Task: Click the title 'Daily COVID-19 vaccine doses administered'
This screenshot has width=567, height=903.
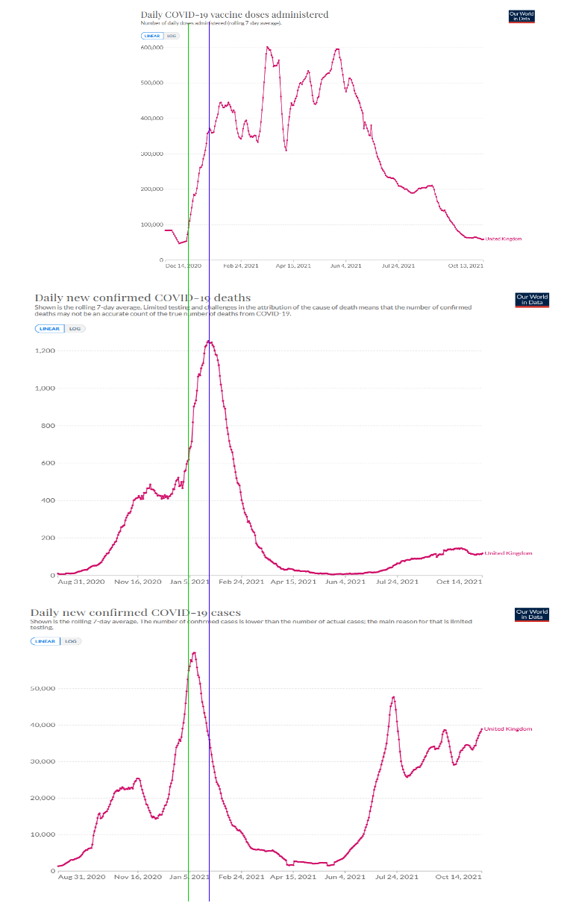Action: pyautogui.click(x=234, y=14)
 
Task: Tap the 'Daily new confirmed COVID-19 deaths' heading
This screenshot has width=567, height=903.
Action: pyautogui.click(x=142, y=298)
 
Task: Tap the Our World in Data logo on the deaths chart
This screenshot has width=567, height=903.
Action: pyautogui.click(x=532, y=300)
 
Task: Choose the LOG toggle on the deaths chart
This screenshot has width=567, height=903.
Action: pyautogui.click(x=75, y=328)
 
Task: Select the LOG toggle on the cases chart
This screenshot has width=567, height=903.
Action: pyautogui.click(x=71, y=641)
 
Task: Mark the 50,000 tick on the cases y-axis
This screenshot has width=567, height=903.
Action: pyautogui.click(x=43, y=688)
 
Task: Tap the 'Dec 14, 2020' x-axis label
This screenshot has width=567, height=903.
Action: pyautogui.click(x=183, y=265)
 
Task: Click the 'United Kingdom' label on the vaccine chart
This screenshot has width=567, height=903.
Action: pyautogui.click(x=504, y=239)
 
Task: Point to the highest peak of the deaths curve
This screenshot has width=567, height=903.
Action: pyautogui.click(x=210, y=342)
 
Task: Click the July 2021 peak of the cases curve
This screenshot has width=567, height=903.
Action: pyautogui.click(x=393, y=697)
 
